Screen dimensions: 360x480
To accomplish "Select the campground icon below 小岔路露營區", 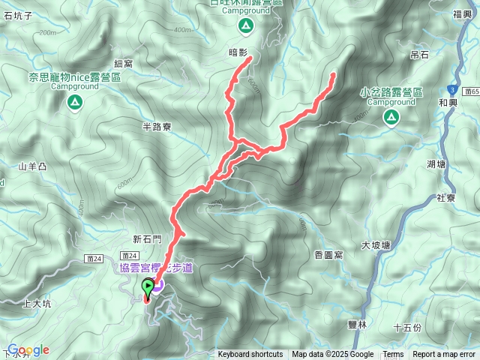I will pyautogui.click(x=391, y=116).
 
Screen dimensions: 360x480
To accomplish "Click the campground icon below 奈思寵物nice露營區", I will pyautogui.click(x=74, y=101).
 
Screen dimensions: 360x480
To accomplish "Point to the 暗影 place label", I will pyautogui.click(x=238, y=52).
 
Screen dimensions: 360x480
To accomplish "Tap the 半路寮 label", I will pyautogui.click(x=157, y=127).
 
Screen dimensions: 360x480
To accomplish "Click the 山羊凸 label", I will pyautogui.click(x=33, y=166).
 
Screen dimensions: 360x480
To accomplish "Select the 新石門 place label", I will pyautogui.click(x=147, y=239).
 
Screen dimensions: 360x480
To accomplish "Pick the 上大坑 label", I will pyautogui.click(x=37, y=304).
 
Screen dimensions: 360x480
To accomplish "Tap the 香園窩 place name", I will pyautogui.click(x=329, y=255).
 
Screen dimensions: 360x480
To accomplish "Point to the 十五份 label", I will pyautogui.click(x=407, y=328).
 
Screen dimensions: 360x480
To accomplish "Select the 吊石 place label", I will pyautogui.click(x=419, y=55).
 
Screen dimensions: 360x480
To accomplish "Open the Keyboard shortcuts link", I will pyautogui.click(x=250, y=355).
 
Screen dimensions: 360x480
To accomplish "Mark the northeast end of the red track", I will pyautogui.click(x=333, y=73).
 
